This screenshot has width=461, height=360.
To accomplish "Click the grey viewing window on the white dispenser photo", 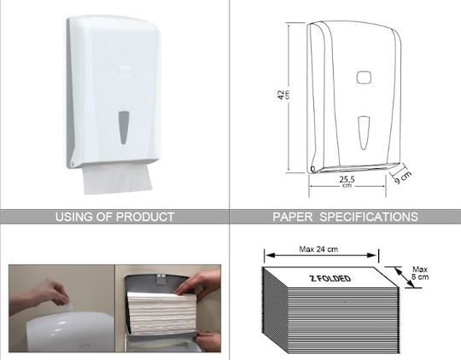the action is (x=124, y=128).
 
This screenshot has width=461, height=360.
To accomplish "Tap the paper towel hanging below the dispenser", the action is (x=118, y=178).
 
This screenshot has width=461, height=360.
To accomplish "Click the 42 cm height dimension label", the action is (x=283, y=95).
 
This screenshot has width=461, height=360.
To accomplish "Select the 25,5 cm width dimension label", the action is (x=347, y=181).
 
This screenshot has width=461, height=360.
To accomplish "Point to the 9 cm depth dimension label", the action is (x=403, y=177).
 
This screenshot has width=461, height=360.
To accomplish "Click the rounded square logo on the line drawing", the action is (x=364, y=78).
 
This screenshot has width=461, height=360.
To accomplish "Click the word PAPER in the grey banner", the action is (x=293, y=217).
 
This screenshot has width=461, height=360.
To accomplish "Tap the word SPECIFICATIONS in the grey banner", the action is (x=369, y=217).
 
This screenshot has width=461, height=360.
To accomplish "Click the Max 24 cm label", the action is (x=318, y=249).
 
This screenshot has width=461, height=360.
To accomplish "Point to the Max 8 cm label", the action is (x=420, y=273).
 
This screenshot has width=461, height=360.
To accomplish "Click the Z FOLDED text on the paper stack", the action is (x=330, y=278).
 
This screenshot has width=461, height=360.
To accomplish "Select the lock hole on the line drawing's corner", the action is (x=312, y=169).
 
